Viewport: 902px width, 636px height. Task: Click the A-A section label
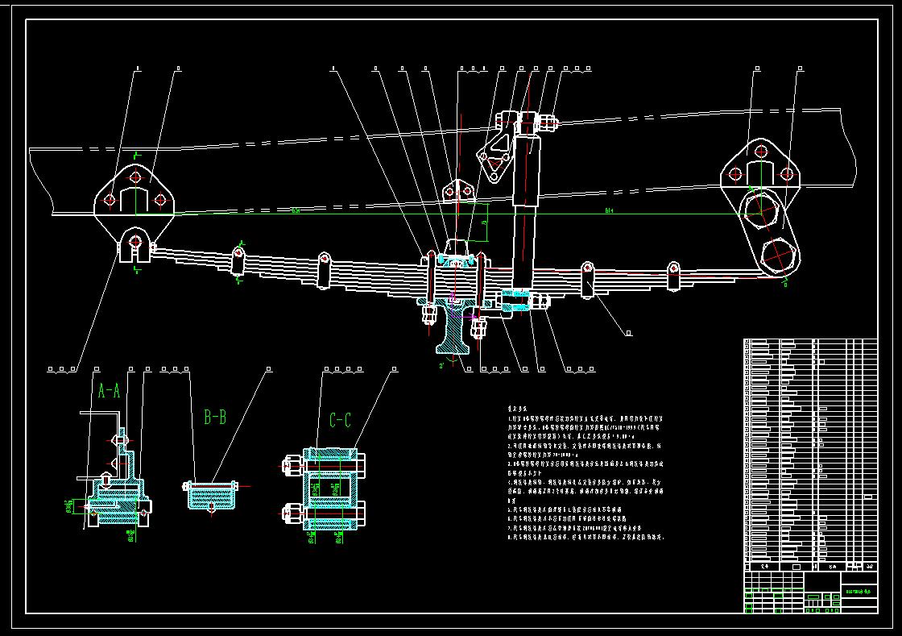coord(109,391)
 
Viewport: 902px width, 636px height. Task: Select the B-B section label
coord(215,417)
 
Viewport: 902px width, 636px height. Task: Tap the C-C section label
coord(340,420)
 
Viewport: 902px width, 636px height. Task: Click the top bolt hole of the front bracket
coord(134,177)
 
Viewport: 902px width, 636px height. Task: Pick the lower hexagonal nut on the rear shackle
coord(779,256)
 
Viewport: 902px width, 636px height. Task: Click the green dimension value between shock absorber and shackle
coord(610,210)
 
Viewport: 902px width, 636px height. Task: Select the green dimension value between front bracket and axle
coord(296,210)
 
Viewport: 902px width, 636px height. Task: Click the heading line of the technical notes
coord(516,409)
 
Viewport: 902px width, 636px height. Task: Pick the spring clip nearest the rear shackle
coord(674,275)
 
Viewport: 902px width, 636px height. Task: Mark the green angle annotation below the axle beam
coord(442,366)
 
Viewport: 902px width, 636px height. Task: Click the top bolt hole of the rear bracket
coord(759,150)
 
